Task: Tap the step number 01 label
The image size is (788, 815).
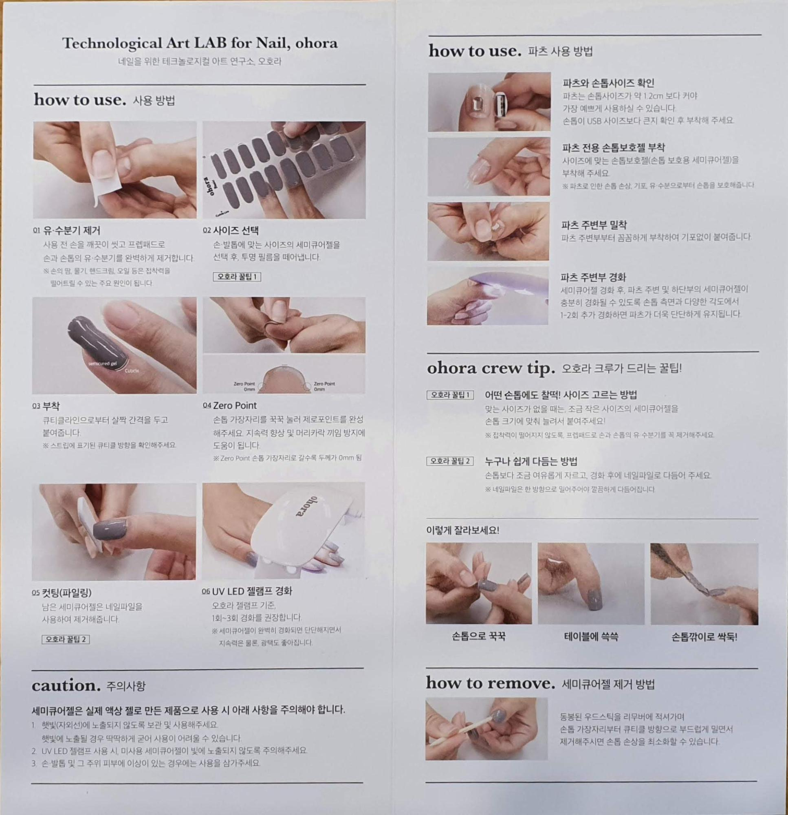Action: click(x=37, y=231)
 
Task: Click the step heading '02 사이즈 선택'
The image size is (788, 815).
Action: click(x=231, y=230)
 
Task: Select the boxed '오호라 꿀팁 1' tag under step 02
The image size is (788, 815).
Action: click(x=237, y=277)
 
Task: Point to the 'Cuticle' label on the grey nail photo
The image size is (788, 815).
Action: click(x=132, y=370)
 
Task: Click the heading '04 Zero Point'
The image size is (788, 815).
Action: click(x=229, y=405)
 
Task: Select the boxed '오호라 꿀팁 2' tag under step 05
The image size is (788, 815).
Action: click(x=66, y=639)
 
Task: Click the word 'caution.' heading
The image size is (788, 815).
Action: click(x=66, y=686)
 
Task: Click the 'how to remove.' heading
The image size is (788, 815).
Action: click(x=491, y=683)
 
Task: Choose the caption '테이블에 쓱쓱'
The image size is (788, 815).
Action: click(x=591, y=637)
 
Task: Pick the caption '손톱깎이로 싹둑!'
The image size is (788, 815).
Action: click(x=704, y=637)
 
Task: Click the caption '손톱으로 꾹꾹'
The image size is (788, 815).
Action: click(x=479, y=636)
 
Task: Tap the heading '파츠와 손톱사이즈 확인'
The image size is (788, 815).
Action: click(x=609, y=83)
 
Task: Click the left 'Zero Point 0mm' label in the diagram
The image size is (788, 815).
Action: click(x=244, y=386)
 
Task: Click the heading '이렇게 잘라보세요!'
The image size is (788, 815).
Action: click(x=462, y=531)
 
